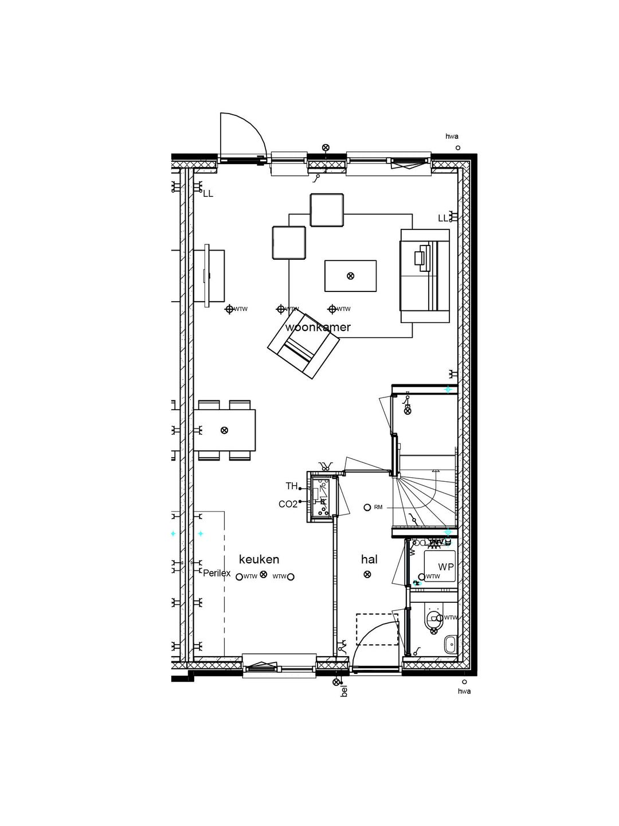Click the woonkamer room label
pyautogui.click(x=318, y=328)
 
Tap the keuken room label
pyautogui.click(x=259, y=559)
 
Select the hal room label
pyautogui.click(x=369, y=559)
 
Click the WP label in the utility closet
pyautogui.click(x=446, y=567)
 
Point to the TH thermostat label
pyautogui.click(x=292, y=486)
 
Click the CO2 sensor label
pyautogui.click(x=288, y=504)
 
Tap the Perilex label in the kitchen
pyautogui.click(x=217, y=573)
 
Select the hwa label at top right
pyautogui.click(x=452, y=137)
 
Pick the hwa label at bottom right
pyautogui.click(x=464, y=691)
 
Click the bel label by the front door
pyautogui.click(x=344, y=691)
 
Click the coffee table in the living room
pyautogui.click(x=350, y=276)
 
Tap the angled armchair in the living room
pyautogui.click(x=304, y=344)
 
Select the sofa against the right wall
pyautogui.click(x=425, y=276)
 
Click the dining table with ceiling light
pyautogui.click(x=225, y=430)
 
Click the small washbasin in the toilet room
pyautogui.click(x=450, y=644)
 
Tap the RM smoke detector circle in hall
pyautogui.click(x=367, y=507)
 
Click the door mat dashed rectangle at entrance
pyautogui.click(x=377, y=629)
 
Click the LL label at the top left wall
pyautogui.click(x=208, y=194)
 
